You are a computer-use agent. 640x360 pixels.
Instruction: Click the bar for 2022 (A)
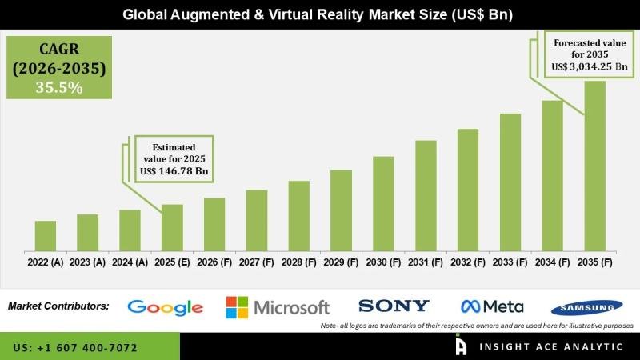[x=46, y=236]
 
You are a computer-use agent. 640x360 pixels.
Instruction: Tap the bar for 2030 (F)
[x=383, y=203]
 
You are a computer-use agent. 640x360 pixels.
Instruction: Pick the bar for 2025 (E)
[x=172, y=227]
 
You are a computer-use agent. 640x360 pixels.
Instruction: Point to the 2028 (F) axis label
[x=298, y=262]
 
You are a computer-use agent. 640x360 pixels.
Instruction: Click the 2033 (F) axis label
[x=510, y=262]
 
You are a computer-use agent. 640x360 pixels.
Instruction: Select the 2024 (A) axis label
[x=130, y=262]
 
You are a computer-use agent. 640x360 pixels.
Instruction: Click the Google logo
[x=166, y=307]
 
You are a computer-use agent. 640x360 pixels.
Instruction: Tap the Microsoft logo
[x=278, y=307]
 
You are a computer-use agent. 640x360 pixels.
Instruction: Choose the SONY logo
[x=394, y=306]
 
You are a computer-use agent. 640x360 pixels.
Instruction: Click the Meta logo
[x=492, y=306]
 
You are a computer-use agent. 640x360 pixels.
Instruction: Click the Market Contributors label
[x=58, y=306]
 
